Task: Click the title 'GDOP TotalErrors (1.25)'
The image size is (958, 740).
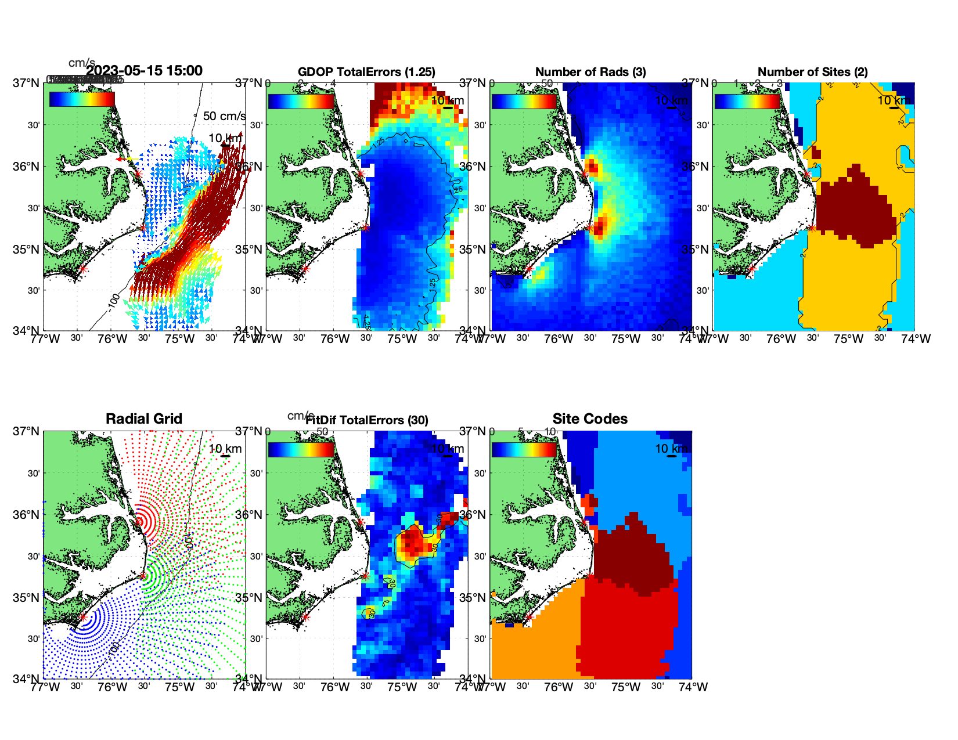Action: tap(366, 72)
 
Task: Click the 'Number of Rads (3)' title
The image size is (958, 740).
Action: tap(590, 72)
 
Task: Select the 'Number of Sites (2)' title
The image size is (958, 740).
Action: tap(812, 72)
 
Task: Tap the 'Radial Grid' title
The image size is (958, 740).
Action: tap(144, 419)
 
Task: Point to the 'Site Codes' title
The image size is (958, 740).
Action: tap(590, 419)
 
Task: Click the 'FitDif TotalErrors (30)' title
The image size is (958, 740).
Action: tap(367, 420)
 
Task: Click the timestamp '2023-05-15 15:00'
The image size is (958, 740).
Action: tap(144, 71)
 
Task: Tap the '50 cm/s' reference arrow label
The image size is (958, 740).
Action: tap(224, 116)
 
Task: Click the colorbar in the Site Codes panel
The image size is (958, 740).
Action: tap(524, 450)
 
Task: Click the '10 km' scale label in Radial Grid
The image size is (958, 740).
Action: tap(225, 449)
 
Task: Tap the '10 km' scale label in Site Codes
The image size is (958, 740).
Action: tap(671, 449)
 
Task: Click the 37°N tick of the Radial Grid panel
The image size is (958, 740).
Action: tap(27, 431)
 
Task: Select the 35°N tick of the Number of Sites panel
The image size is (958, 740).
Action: tap(696, 250)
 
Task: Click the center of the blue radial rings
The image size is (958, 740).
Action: tap(82, 618)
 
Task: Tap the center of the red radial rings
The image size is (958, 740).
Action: tap(138, 522)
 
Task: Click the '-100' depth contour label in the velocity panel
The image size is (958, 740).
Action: tap(114, 302)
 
